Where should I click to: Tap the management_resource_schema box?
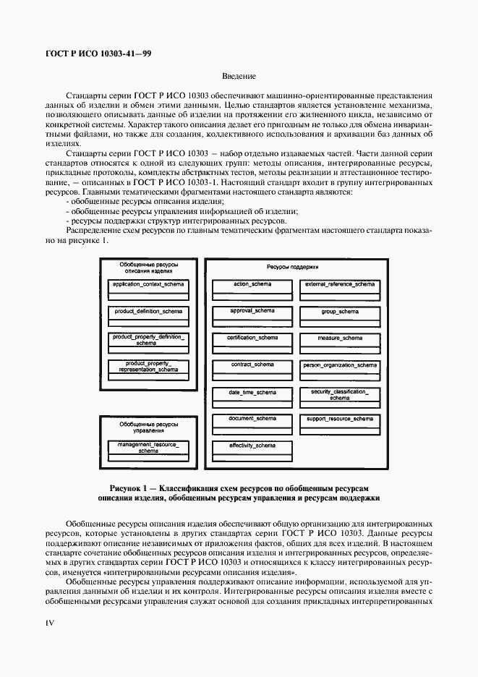[148, 447]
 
